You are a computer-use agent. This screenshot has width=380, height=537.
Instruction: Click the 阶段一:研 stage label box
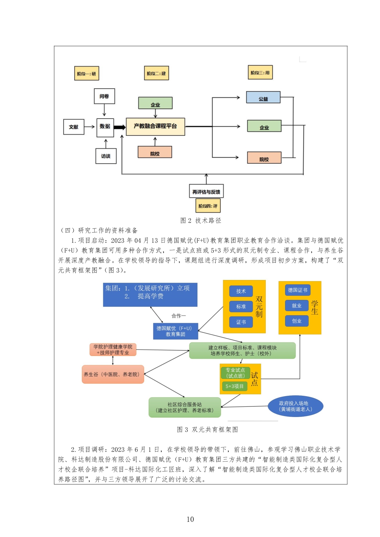click(x=86, y=74)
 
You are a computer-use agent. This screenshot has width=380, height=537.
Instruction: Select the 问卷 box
click(x=104, y=96)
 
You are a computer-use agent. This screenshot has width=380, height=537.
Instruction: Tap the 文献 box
click(x=74, y=127)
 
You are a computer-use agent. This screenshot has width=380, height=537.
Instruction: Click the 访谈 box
click(x=106, y=156)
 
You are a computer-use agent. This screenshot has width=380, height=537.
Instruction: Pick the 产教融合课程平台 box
click(x=155, y=126)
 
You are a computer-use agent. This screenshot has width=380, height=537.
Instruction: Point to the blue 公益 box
click(x=263, y=97)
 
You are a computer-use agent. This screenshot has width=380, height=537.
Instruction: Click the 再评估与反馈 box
click(x=206, y=192)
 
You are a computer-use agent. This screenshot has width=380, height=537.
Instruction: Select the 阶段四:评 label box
click(x=208, y=206)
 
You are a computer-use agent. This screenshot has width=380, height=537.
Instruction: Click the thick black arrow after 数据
click(x=120, y=127)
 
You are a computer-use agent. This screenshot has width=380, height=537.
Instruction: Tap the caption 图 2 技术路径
click(x=201, y=221)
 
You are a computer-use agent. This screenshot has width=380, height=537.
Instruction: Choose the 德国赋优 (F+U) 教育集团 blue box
click(x=175, y=331)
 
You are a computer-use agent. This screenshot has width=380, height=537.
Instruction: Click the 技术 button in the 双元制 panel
click(x=241, y=291)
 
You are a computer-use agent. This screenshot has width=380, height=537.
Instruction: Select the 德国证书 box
click(x=297, y=290)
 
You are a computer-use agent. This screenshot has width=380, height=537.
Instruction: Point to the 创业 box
click(x=296, y=321)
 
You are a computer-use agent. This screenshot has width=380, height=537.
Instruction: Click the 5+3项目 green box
click(x=234, y=386)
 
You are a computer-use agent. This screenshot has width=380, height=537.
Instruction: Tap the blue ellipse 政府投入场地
click(x=295, y=407)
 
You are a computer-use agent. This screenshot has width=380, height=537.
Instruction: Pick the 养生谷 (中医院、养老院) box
click(x=113, y=374)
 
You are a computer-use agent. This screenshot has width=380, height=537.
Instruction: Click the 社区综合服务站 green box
click(x=184, y=407)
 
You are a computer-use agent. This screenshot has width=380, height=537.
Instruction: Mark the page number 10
click(x=190, y=519)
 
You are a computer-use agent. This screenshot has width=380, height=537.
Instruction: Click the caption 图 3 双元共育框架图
click(x=207, y=429)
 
